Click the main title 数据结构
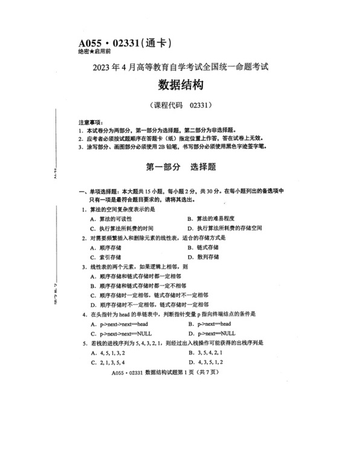(179, 84)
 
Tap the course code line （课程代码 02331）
(179, 104)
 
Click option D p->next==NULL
(212, 333)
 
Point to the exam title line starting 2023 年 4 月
(179, 66)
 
